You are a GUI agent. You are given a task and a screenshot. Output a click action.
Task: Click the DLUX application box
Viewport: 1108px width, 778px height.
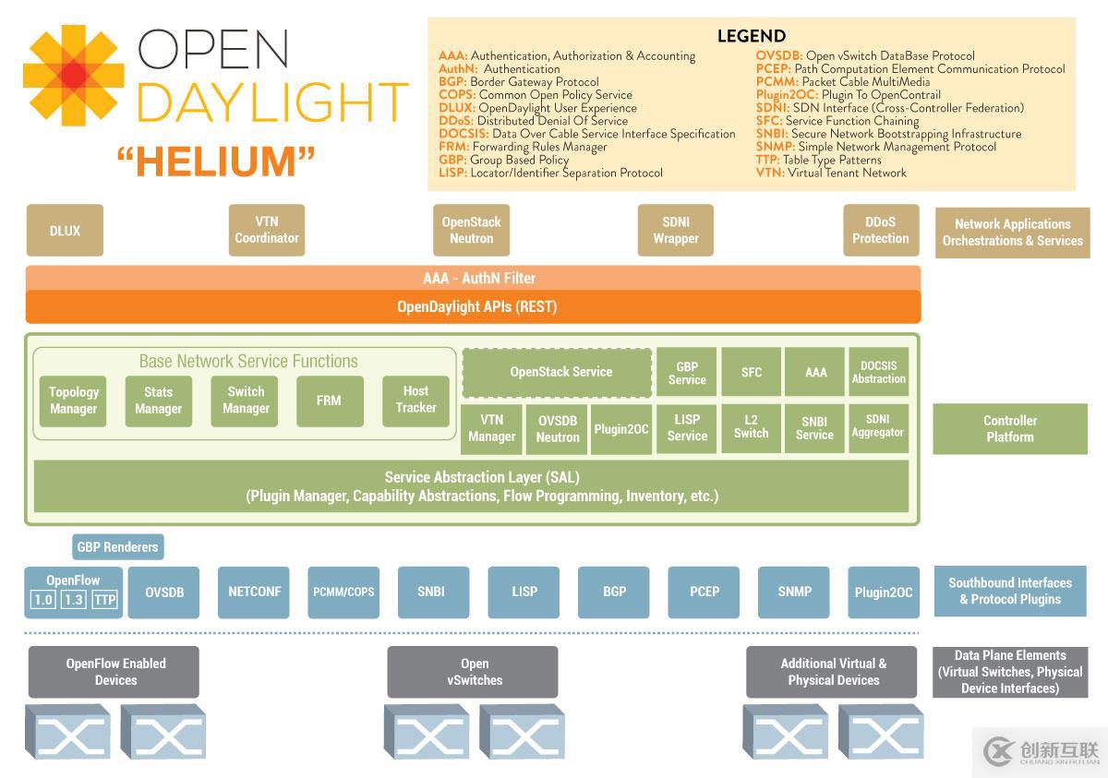pos(65,231)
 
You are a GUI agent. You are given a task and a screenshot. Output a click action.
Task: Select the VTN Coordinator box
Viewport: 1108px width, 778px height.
pos(266,231)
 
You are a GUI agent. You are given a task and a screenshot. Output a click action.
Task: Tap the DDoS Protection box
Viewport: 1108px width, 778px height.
pos(880,231)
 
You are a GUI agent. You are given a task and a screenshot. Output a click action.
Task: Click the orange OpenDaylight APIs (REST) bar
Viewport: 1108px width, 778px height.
pos(473,306)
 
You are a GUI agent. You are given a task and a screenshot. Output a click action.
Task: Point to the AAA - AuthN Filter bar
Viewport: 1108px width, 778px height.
pos(473,278)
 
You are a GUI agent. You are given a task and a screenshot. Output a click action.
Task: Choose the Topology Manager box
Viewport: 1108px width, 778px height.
pos(73,401)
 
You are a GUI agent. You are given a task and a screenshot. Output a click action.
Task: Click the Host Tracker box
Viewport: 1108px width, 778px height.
pos(415,400)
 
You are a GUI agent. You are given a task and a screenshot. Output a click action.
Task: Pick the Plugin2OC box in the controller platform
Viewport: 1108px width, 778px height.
pos(621,429)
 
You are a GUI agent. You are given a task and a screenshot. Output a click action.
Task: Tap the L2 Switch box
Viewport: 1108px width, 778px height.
pos(751,427)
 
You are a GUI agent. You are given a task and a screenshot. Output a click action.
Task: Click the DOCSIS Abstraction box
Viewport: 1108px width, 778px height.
pos(878,372)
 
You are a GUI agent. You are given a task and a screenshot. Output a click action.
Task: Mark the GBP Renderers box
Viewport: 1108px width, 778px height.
pos(117,547)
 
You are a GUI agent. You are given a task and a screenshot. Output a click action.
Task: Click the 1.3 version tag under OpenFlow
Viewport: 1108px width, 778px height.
pos(74,600)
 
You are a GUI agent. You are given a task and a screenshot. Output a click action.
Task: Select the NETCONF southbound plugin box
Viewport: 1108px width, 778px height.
pos(254,592)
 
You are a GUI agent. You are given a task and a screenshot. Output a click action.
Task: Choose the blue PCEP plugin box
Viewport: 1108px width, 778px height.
pos(705,592)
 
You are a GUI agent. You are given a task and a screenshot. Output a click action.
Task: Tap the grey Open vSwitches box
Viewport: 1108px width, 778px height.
pos(472,672)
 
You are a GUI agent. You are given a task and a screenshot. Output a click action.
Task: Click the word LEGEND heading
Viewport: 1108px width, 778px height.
pos(751,37)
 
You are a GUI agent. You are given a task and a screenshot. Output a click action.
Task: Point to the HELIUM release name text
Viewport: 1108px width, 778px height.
pos(216,162)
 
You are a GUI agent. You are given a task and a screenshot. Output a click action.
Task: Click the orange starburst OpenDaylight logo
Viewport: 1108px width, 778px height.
pos(74,76)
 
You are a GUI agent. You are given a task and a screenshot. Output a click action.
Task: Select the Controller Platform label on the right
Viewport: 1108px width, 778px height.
pos(1009,428)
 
